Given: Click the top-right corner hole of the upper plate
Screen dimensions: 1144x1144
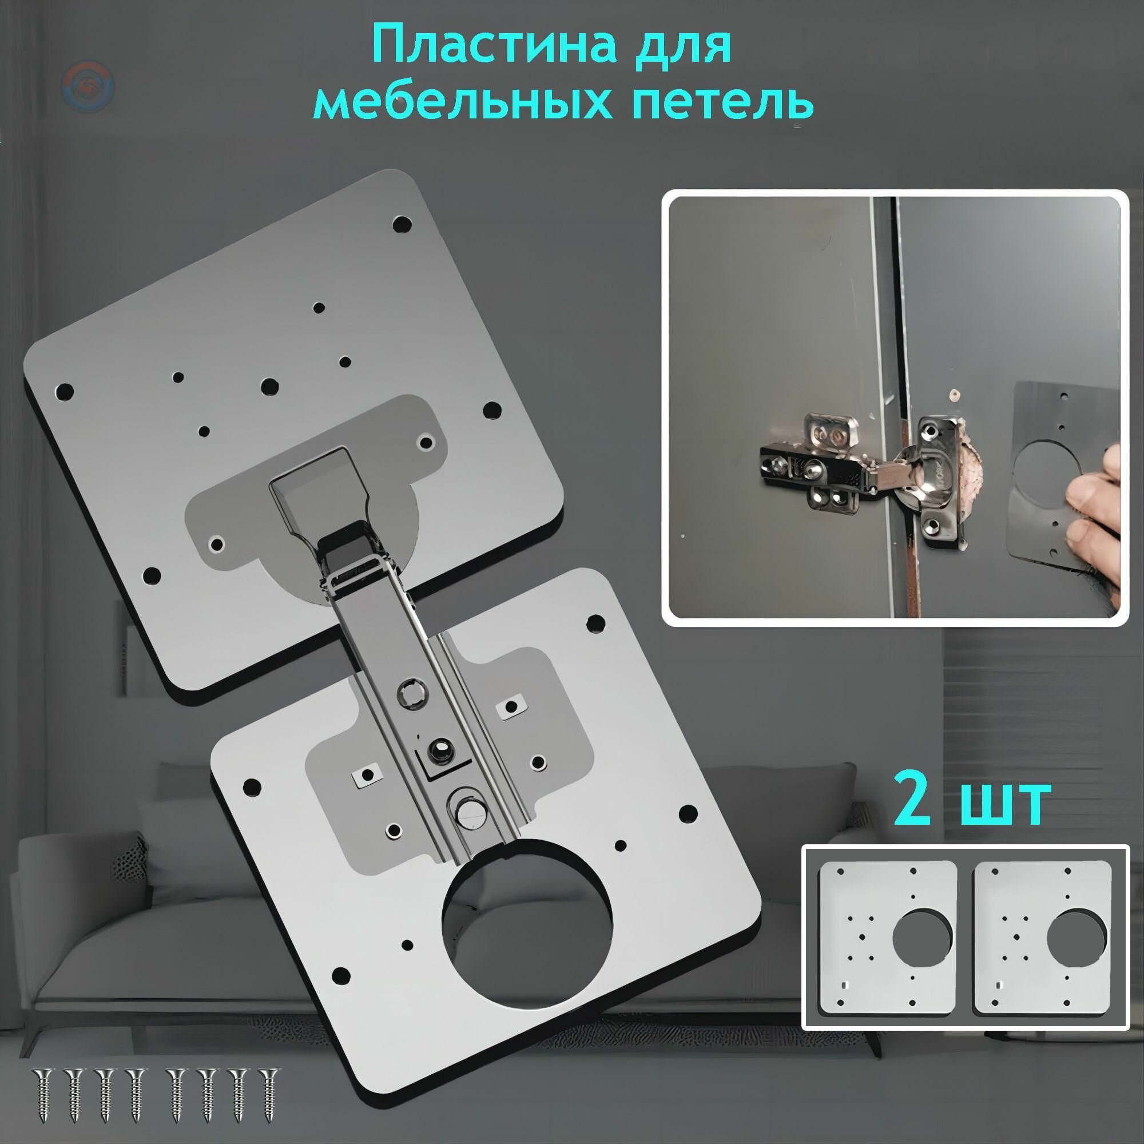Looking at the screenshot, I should tap(403, 224).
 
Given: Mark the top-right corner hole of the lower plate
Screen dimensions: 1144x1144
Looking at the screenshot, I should tap(594, 621).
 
